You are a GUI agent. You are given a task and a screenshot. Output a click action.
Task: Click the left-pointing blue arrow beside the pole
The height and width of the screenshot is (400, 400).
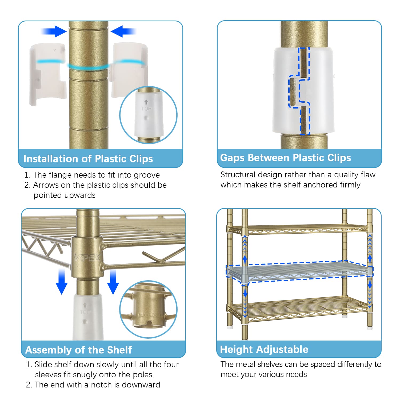pyautogui.click(x=123, y=31)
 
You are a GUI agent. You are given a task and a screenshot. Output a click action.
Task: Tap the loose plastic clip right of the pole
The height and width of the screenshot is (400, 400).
pyautogui.click(x=129, y=70)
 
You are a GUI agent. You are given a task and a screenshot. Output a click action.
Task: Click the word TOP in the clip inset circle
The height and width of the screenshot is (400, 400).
pyautogui.click(x=146, y=109)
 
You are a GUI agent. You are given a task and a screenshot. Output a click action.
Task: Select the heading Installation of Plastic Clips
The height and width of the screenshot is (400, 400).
pyautogui.click(x=88, y=159)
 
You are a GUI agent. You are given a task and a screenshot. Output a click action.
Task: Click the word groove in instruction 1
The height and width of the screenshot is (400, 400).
pyautogui.click(x=147, y=175)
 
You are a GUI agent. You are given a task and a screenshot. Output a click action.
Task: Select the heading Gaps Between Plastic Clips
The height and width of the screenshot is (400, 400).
pyautogui.click(x=286, y=158)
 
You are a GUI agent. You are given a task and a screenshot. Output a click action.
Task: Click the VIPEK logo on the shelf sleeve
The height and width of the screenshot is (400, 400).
pyautogui.click(x=87, y=258)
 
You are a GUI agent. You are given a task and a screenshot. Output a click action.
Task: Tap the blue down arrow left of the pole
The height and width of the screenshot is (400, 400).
pyautogui.click(x=62, y=282)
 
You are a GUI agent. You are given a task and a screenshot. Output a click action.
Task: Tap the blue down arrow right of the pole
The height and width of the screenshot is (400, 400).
pyautogui.click(x=113, y=282)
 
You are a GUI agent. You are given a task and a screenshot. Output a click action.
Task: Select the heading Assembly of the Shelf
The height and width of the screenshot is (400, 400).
pyautogui.click(x=79, y=350)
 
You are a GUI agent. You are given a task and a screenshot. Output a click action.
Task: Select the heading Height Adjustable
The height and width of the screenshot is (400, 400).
pyautogui.click(x=264, y=349)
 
